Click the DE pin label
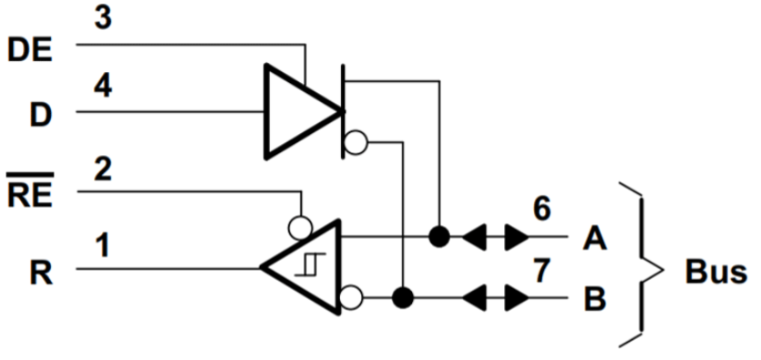point(31,49)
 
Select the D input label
point(40,117)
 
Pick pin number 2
point(102,169)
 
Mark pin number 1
point(102,245)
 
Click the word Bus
point(716,272)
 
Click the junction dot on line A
point(439,238)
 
